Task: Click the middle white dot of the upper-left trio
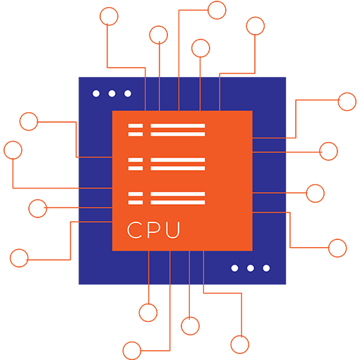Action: click(x=112, y=93)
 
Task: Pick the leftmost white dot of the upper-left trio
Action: click(x=96, y=93)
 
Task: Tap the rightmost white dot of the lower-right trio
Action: click(x=266, y=268)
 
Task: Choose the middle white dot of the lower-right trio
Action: click(x=251, y=268)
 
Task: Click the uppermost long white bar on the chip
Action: click(x=178, y=126)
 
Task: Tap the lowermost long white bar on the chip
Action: click(x=178, y=203)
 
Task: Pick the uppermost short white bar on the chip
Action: click(x=136, y=126)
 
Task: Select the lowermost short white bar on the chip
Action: click(x=136, y=203)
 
